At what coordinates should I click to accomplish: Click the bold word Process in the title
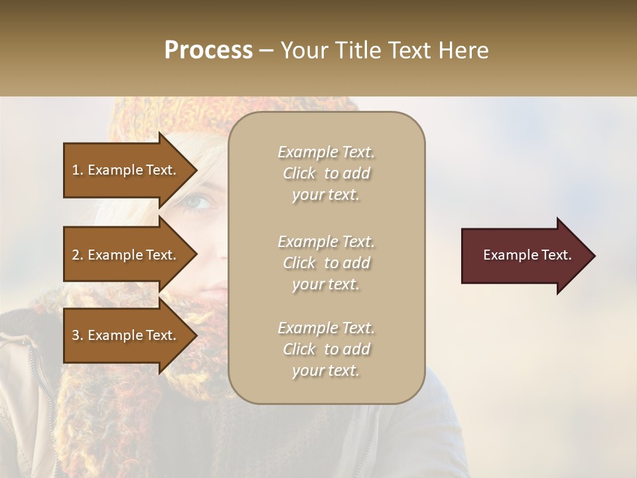(208, 50)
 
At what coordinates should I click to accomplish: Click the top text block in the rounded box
(326, 173)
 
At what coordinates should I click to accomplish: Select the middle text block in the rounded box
(326, 263)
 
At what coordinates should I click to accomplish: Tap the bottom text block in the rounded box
(326, 349)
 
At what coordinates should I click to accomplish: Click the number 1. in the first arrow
(78, 170)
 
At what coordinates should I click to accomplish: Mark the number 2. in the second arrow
(78, 255)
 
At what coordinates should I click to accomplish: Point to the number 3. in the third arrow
(78, 335)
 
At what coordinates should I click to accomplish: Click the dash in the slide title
(266, 51)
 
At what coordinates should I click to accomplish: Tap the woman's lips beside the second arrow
(214, 289)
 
